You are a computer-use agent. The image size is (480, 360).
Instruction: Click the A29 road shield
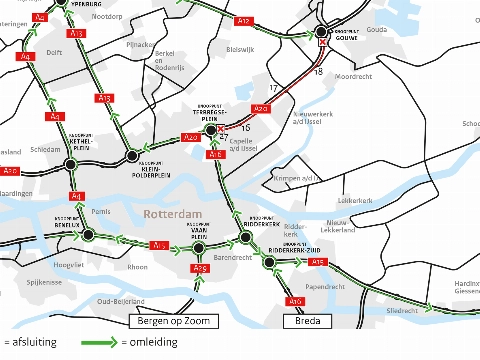[x=199, y=268]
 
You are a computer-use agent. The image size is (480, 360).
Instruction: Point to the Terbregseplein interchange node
[x=211, y=131]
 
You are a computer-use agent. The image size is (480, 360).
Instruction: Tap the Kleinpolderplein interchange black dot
[x=131, y=155]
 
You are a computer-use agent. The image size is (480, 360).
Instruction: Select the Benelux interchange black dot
[x=88, y=235]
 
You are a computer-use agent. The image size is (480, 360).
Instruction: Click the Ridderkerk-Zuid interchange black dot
[x=269, y=262]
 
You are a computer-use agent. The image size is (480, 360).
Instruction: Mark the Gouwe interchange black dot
[x=321, y=30]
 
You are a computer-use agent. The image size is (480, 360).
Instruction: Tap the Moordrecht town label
[x=353, y=76]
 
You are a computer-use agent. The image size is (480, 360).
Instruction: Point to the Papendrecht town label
[x=325, y=286]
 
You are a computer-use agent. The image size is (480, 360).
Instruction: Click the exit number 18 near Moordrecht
[x=318, y=73]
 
